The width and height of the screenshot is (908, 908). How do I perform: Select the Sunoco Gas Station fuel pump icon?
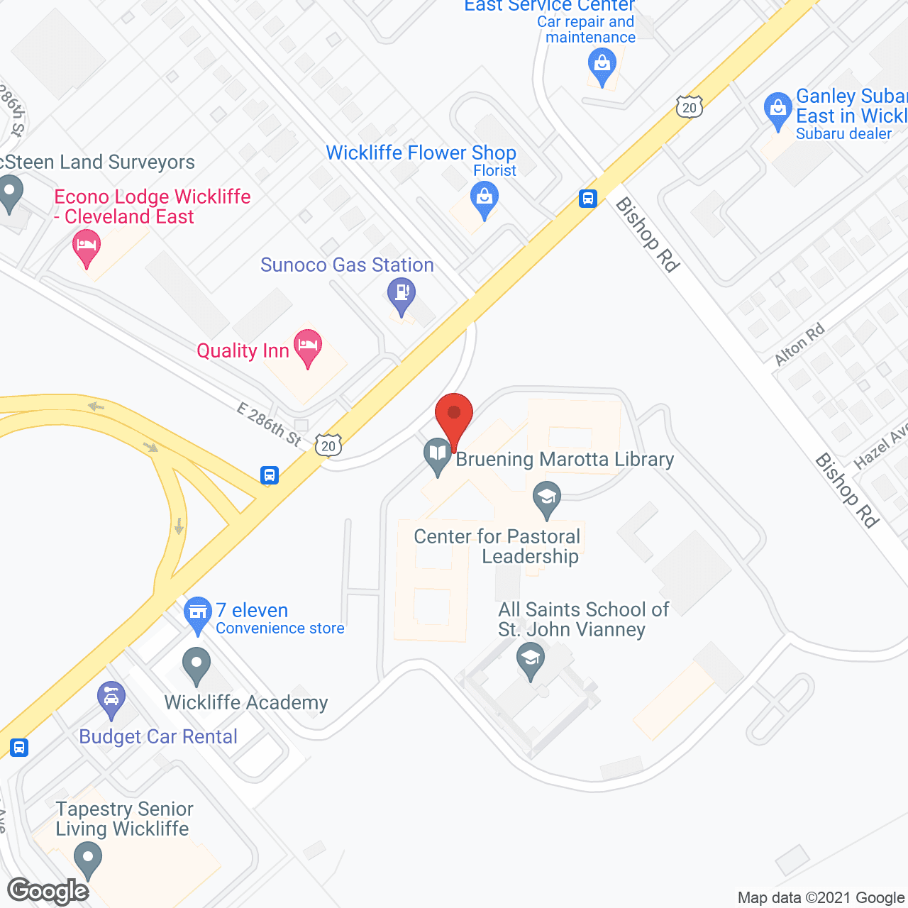tap(402, 293)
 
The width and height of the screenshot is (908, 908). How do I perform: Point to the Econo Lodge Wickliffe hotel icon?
tap(87, 245)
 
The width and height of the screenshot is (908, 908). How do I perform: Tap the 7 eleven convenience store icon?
tap(198, 612)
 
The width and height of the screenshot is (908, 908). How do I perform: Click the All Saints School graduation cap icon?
tap(531, 659)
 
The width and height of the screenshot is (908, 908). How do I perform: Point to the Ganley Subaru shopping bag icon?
tap(778, 109)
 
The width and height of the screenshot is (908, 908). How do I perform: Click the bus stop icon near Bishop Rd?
tap(588, 198)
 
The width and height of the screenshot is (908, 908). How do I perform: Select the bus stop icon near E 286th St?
tap(269, 475)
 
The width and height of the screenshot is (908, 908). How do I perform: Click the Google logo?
tap(48, 891)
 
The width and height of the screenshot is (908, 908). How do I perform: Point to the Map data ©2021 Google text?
tap(821, 898)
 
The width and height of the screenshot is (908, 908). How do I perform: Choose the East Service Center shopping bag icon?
tap(602, 65)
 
